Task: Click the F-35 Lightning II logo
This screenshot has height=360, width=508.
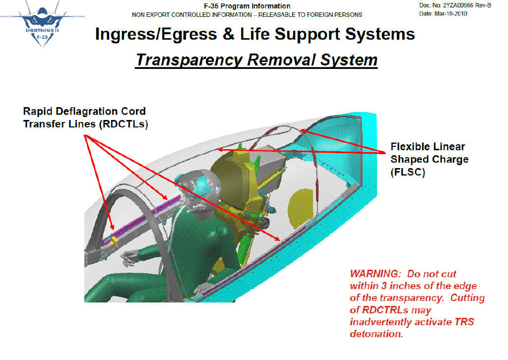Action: click(42, 24)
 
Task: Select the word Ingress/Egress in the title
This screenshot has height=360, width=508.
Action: click(156, 34)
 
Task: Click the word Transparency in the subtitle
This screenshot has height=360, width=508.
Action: click(189, 60)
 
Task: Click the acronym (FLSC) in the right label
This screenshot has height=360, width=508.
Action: click(408, 172)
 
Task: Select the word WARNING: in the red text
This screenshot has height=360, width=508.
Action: click(376, 274)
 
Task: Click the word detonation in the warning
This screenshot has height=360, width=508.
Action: click(377, 334)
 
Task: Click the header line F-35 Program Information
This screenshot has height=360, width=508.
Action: click(247, 6)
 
